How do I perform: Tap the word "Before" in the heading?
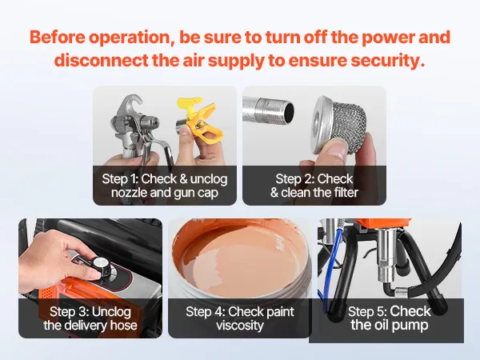(58, 37)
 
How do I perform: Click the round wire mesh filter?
(339, 125)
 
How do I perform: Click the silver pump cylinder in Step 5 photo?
(387, 254)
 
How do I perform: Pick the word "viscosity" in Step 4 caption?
(240, 326)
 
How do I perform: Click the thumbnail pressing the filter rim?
(337, 151)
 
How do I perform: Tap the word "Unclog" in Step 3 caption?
(111, 312)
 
